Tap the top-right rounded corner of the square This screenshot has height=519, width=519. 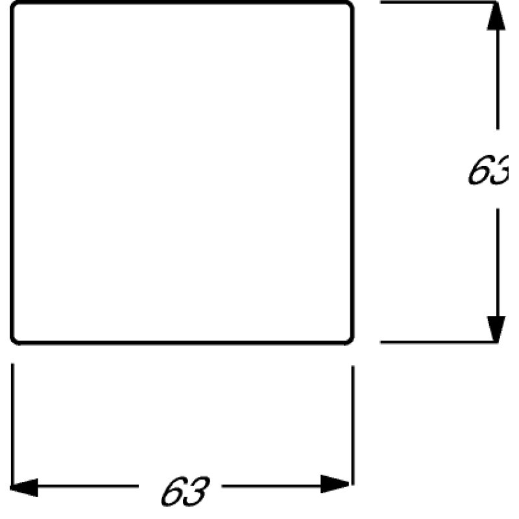[350, 6]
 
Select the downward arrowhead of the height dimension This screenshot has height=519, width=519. [496, 328]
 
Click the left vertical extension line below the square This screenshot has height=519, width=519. [13, 422]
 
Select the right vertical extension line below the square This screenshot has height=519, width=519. [352, 422]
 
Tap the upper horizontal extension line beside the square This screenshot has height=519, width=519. [441, 3]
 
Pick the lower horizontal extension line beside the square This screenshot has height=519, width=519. [441, 342]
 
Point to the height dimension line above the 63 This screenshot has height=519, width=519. [497, 84]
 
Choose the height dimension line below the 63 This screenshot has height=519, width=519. [497, 259]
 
